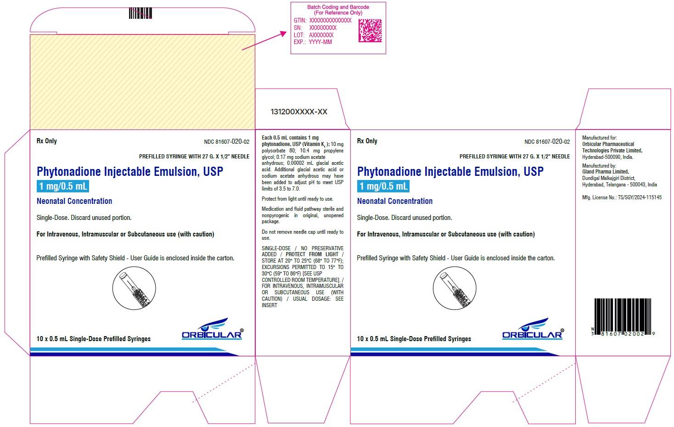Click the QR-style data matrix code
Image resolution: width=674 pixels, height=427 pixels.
(370, 30)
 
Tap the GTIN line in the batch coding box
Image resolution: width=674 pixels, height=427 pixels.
(322, 20)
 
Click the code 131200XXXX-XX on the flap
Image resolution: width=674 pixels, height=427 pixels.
(299, 112)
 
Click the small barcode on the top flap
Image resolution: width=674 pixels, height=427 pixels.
(140, 13)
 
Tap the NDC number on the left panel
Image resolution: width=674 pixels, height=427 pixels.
(226, 142)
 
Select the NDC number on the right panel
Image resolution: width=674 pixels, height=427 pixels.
(547, 142)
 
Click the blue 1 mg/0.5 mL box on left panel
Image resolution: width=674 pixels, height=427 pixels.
(62, 186)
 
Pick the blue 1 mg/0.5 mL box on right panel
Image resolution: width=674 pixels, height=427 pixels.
(383, 186)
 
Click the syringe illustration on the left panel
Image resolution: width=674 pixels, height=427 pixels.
(134, 288)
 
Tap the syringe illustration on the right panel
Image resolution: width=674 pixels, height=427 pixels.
(455, 288)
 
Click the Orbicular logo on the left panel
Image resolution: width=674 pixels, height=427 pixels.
(212, 329)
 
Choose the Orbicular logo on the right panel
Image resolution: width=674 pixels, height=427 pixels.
(533, 329)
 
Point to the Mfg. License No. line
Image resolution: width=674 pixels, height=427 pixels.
(622, 197)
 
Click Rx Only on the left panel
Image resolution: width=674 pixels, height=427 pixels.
(47, 141)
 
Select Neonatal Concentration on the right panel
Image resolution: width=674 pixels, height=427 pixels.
(395, 201)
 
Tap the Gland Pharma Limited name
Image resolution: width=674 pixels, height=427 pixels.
(605, 172)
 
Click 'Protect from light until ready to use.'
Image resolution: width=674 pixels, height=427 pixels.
(298, 199)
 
